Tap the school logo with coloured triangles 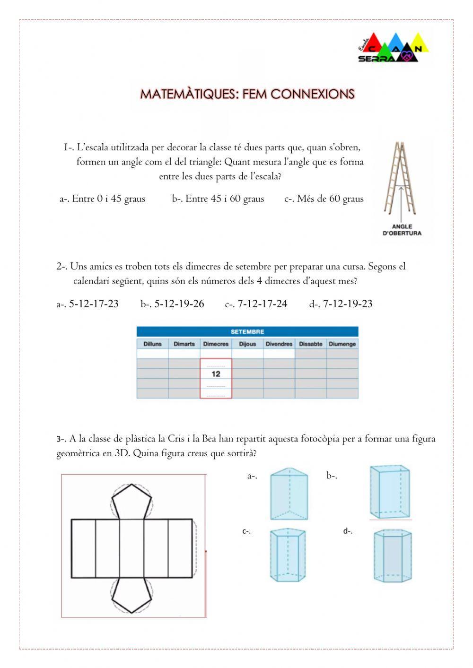[x=393, y=48]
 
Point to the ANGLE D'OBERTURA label [x=402, y=230]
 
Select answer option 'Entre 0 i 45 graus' [x=103, y=199]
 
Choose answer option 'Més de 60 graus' [x=324, y=199]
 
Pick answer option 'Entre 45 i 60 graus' [x=218, y=199]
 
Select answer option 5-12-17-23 [x=88, y=304]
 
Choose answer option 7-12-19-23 [x=342, y=304]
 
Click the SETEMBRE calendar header [x=247, y=332]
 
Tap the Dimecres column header [x=216, y=344]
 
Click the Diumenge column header [x=342, y=344]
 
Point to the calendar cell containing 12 [x=216, y=374]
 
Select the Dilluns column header [x=152, y=344]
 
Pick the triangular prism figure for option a [x=289, y=494]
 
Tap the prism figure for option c [x=288, y=555]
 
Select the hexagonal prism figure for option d [x=392, y=555]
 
